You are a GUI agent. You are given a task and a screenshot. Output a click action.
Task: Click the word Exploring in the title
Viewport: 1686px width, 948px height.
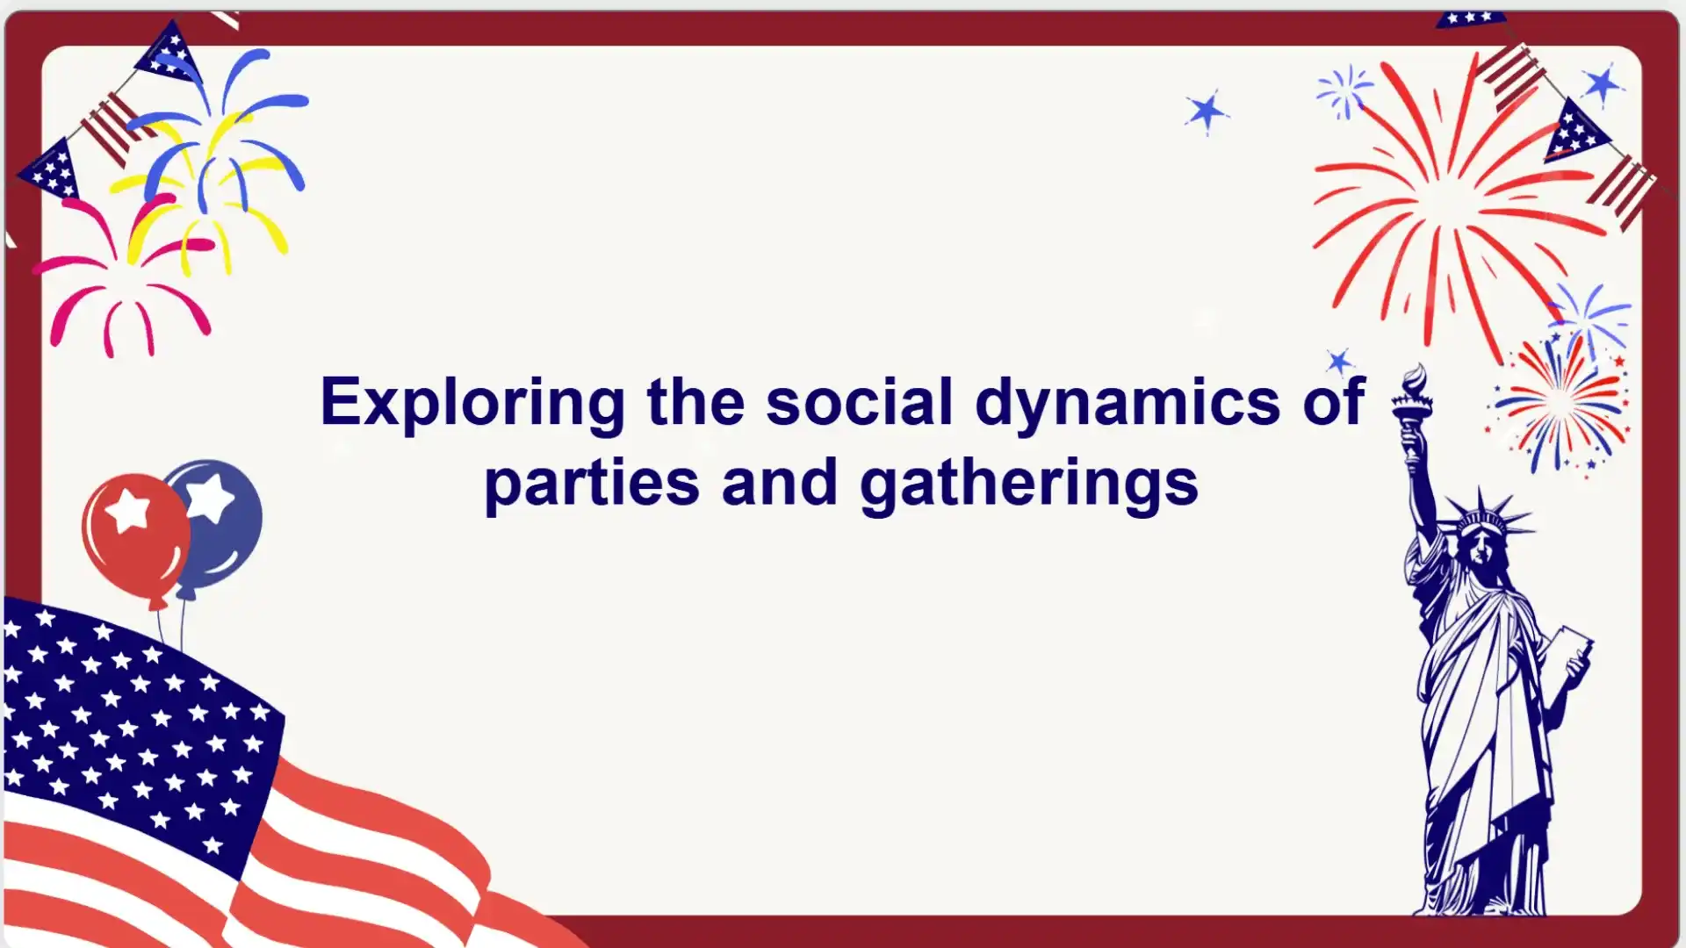click(472, 402)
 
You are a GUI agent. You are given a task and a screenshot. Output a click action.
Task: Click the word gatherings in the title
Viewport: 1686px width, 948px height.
click(1028, 484)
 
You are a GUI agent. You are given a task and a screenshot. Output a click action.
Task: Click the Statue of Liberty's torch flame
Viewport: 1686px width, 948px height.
click(1415, 383)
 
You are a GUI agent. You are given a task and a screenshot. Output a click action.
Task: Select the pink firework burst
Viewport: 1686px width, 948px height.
click(123, 281)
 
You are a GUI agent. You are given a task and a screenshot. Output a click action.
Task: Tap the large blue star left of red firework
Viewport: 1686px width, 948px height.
click(1207, 111)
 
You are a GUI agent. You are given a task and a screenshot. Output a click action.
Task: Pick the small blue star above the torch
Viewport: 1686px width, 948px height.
click(1340, 361)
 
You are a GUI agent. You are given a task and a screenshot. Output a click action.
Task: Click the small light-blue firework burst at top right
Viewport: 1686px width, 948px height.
click(1344, 90)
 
